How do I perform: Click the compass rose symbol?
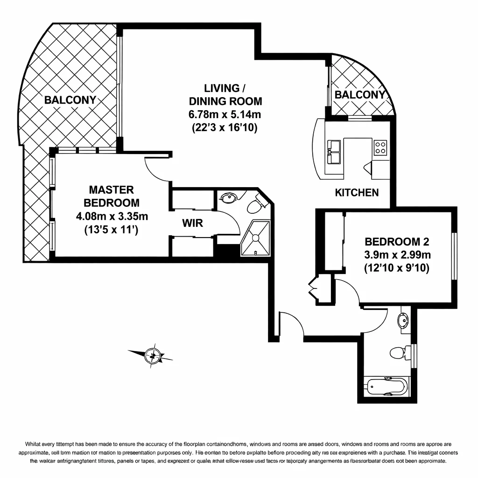(x=152, y=355)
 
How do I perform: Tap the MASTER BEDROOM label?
(x=111, y=196)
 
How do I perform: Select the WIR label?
(x=192, y=223)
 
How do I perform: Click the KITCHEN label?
(x=357, y=192)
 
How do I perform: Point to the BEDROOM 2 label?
(x=397, y=242)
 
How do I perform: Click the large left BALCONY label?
(x=70, y=100)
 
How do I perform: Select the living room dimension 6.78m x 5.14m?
(x=225, y=114)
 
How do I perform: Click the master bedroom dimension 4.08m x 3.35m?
(x=112, y=216)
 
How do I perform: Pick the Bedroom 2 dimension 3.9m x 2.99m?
(x=397, y=255)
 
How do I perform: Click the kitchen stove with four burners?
(x=380, y=148)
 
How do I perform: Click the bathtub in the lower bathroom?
(x=387, y=386)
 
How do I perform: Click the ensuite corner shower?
(x=255, y=238)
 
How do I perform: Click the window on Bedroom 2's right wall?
(x=454, y=256)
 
